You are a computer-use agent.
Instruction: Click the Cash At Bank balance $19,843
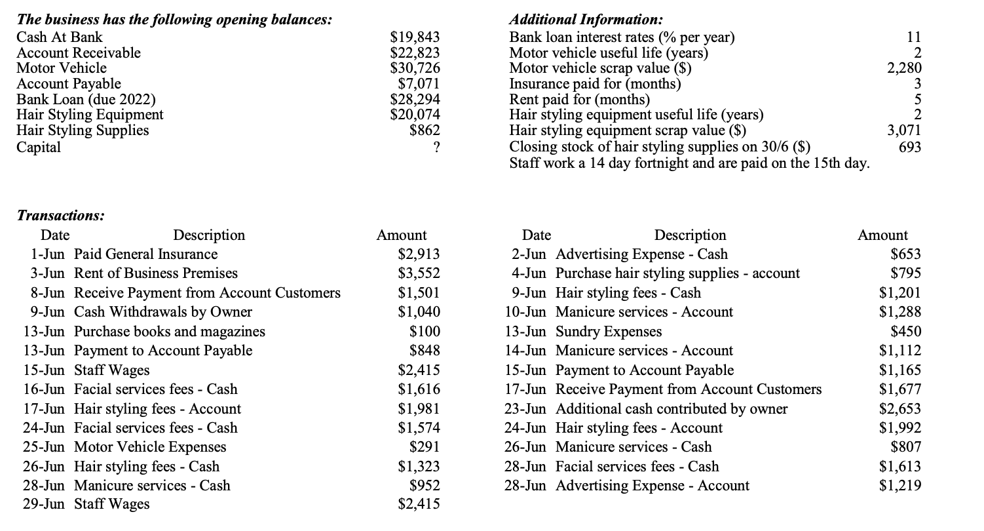[415, 37]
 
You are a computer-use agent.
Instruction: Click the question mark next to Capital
[435, 147]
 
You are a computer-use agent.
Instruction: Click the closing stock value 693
[909, 147]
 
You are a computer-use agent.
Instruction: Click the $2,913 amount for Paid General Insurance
[419, 254]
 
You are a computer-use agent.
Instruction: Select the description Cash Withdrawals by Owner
[162, 312]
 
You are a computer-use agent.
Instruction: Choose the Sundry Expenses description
[608, 332]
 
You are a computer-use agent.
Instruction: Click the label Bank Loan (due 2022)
[86, 100]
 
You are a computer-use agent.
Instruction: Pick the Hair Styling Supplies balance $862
[424, 130]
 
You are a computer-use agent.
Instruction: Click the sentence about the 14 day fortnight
[689, 163]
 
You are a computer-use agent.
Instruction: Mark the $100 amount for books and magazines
[425, 332]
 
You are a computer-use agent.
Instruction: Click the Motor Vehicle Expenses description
[150, 447]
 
